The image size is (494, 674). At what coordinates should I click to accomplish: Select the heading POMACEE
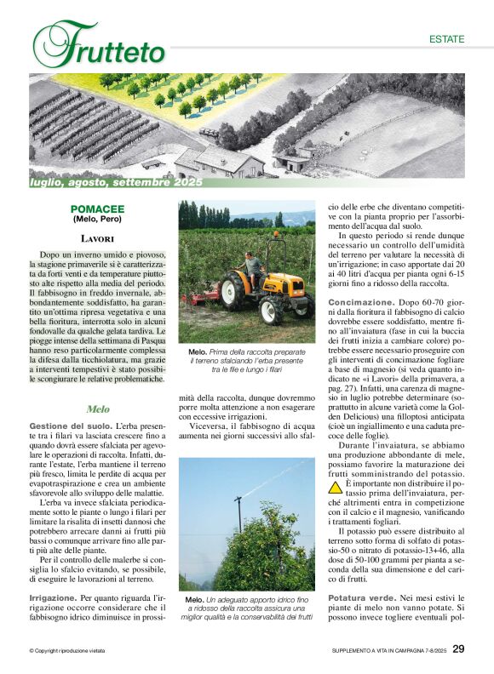(97, 208)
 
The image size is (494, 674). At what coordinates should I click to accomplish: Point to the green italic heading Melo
(97, 409)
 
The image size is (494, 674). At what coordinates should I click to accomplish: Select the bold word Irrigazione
(55, 598)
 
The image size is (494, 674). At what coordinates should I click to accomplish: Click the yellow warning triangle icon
(336, 488)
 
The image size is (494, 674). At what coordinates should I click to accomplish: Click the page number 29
(458, 649)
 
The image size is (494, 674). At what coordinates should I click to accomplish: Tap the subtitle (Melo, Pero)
(97, 220)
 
